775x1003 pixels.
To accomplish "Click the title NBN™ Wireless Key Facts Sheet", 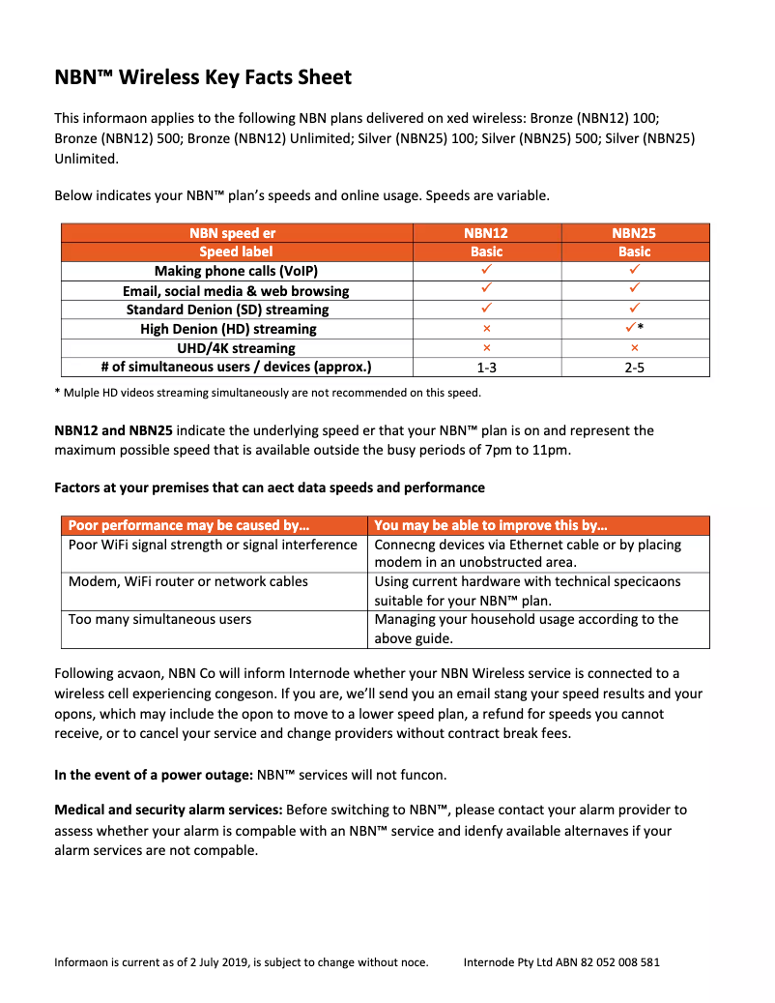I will point(203,77).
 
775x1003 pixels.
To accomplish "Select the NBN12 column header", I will point(487,233).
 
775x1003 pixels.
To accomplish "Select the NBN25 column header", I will point(635,233).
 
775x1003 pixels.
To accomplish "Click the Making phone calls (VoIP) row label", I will point(236,272).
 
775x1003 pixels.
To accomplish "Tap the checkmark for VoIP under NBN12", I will point(487,271).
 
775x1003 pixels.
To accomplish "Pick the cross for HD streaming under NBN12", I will point(487,329).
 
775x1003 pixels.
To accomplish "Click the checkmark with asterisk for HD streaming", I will point(634,329).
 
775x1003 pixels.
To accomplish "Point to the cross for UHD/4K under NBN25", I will point(635,348).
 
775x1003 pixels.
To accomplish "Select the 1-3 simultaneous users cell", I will point(487,368).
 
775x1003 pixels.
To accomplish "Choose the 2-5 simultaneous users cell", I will point(635,368).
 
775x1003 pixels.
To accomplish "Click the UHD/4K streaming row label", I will point(236,348).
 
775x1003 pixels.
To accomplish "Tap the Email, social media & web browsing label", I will point(236,291).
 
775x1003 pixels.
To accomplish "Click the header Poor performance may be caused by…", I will point(189,525).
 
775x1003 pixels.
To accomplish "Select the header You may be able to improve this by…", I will point(491,525).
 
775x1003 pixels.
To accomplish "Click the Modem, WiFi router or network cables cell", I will point(188,582).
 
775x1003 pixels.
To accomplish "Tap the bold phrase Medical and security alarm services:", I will point(168,810).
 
